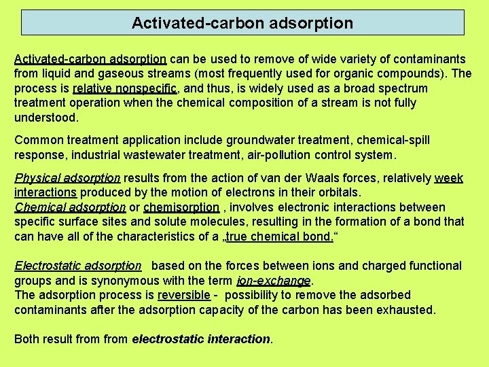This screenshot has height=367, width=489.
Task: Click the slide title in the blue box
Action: [x=242, y=23]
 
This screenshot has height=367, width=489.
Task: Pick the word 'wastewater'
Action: [x=170, y=154]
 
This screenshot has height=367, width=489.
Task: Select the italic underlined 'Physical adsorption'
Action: [x=67, y=178]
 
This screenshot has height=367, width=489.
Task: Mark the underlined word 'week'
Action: [x=448, y=178]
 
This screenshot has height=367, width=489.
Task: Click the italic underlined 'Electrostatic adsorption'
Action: [x=77, y=266]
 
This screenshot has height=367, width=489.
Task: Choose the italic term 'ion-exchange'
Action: [x=273, y=281]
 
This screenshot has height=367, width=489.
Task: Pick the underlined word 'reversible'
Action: [x=183, y=295]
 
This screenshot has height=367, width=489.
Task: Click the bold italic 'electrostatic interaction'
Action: [x=201, y=339]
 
